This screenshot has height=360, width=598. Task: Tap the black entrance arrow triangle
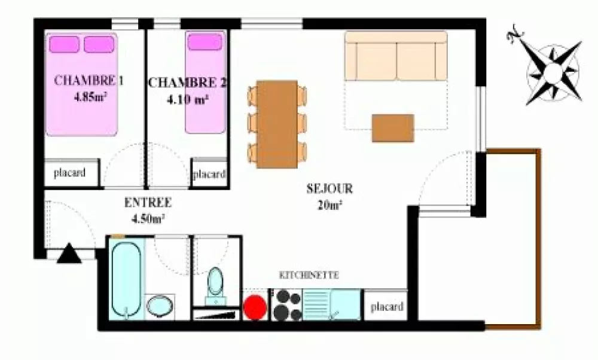[x=69, y=253]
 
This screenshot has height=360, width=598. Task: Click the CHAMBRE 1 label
[x=89, y=81]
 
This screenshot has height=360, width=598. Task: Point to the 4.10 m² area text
[x=187, y=99]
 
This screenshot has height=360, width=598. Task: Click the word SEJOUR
[x=329, y=189]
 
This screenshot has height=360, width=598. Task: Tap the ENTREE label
[x=148, y=203]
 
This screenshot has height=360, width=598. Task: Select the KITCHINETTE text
[x=309, y=275]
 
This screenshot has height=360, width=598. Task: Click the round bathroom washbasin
[x=160, y=306]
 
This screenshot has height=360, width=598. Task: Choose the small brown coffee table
[x=393, y=128]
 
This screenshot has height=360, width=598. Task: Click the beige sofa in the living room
[x=396, y=56]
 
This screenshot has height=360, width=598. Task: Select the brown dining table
[x=277, y=124]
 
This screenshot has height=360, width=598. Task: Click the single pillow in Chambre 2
[x=205, y=42]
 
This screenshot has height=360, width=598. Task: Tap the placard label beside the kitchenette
[x=387, y=307]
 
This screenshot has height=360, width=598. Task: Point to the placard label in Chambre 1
[x=70, y=173]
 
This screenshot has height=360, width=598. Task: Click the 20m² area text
[x=329, y=205]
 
